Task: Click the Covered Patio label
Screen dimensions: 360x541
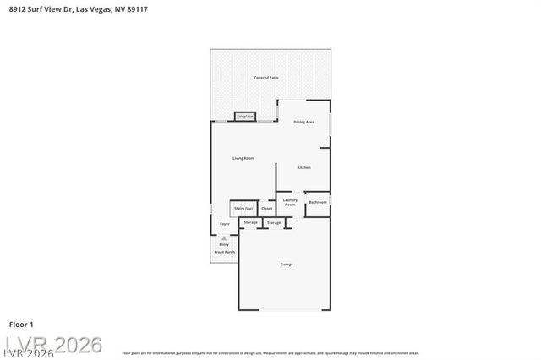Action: (x=266, y=78)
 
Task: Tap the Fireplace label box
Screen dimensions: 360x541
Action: (x=245, y=116)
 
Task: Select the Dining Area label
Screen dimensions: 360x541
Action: (x=303, y=123)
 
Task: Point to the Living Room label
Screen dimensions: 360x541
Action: (x=243, y=158)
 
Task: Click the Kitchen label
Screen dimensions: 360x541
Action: (x=303, y=167)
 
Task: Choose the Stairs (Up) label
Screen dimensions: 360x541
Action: (x=243, y=208)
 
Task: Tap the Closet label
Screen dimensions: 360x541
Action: (x=266, y=208)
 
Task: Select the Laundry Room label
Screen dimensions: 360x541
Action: (x=290, y=204)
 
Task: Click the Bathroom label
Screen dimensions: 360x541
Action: (x=318, y=203)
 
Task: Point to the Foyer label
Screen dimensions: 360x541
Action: (x=225, y=224)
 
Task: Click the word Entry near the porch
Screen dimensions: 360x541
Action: (x=224, y=245)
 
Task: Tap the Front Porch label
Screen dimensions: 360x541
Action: (x=224, y=253)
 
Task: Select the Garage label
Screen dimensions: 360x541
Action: (x=287, y=265)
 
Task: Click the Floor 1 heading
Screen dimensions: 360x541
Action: (x=21, y=325)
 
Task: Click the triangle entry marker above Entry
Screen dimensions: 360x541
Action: (x=224, y=239)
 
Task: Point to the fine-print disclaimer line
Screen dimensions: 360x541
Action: (x=270, y=353)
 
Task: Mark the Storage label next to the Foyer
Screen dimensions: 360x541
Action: (x=251, y=222)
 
